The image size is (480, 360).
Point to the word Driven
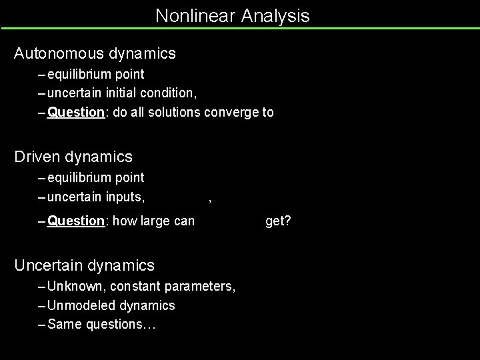click(x=39, y=157)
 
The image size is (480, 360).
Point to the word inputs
click(x=124, y=197)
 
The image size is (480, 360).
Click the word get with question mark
click(x=277, y=221)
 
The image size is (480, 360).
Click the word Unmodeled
click(x=83, y=305)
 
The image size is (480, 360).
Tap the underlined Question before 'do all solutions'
click(x=76, y=112)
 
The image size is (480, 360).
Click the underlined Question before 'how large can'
click(x=76, y=221)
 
